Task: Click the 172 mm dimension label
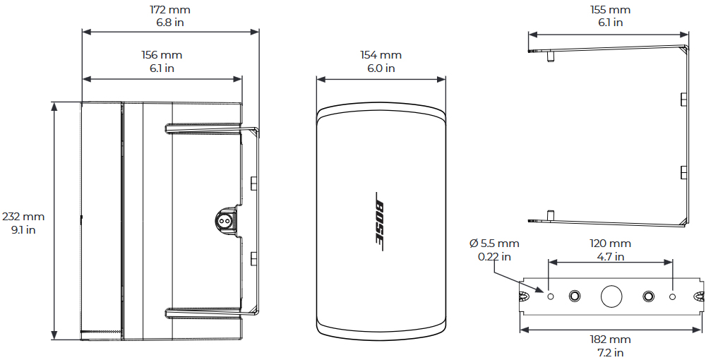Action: [x=170, y=10]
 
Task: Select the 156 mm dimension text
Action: [x=162, y=55]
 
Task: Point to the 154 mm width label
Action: [x=381, y=55]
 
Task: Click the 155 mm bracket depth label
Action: [x=610, y=10]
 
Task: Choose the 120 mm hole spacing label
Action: [x=610, y=244]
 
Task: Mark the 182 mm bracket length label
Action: [x=610, y=340]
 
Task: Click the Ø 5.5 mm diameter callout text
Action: [x=494, y=244]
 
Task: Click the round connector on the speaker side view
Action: [x=225, y=220]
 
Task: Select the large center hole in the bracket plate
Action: [x=611, y=296]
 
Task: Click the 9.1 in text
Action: [x=23, y=229]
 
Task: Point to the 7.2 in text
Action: [x=610, y=352]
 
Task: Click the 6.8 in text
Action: [x=170, y=23]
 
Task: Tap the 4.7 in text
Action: [x=610, y=256]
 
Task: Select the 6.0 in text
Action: [x=381, y=68]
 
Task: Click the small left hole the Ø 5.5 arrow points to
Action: [x=550, y=296]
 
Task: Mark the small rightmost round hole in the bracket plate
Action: [x=672, y=296]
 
